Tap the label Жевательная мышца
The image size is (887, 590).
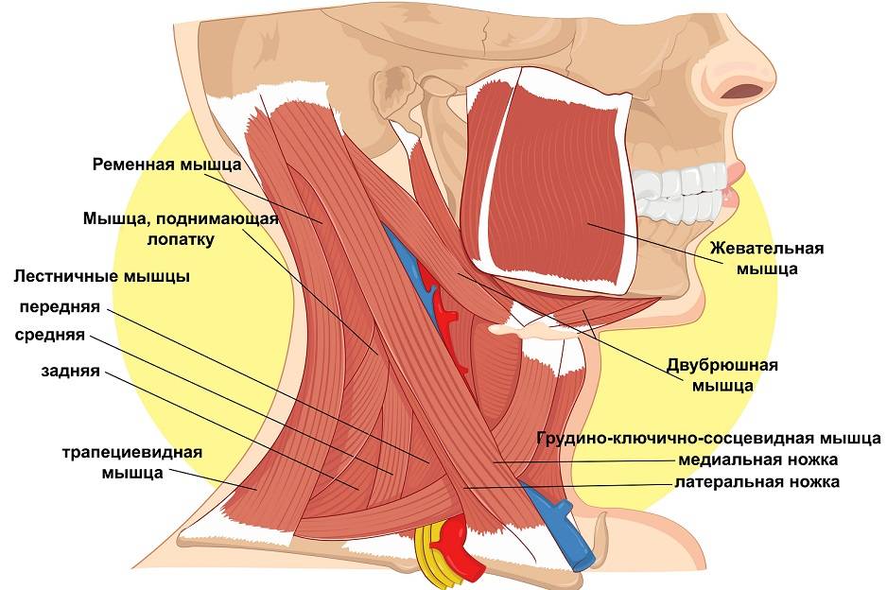click(767, 258)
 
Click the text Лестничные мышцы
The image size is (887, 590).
click(102, 277)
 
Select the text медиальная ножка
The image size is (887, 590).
click(758, 460)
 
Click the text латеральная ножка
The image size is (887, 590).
click(757, 482)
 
